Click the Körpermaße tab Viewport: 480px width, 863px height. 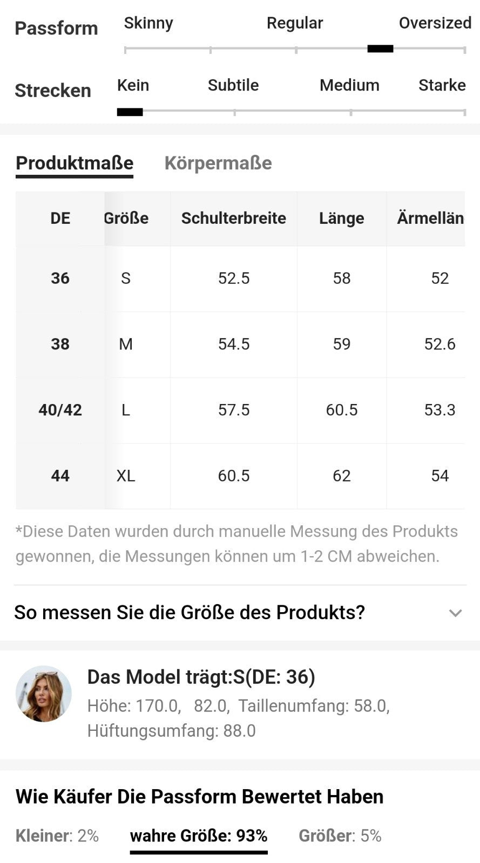[x=218, y=163]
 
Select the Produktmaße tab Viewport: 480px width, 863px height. [x=75, y=163]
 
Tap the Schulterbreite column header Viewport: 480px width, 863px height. [x=233, y=218]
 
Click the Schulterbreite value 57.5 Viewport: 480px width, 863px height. [x=233, y=410]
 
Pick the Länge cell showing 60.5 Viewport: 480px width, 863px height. [x=341, y=410]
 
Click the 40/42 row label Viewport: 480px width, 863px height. [x=60, y=410]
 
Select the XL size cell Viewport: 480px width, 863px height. [x=126, y=476]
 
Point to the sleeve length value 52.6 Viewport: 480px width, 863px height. [x=440, y=344]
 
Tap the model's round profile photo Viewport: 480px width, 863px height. [x=44, y=694]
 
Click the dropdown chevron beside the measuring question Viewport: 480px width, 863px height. [x=455, y=613]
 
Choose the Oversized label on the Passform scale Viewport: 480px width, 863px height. [x=435, y=23]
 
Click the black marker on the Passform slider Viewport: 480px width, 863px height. [x=380, y=49]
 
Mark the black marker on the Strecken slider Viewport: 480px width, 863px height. [x=130, y=112]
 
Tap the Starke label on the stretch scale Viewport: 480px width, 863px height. [x=442, y=85]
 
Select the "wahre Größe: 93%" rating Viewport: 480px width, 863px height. [x=199, y=836]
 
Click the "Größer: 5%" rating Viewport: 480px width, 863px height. [x=340, y=836]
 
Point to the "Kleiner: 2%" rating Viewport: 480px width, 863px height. [x=57, y=836]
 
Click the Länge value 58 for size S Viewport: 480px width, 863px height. [x=341, y=278]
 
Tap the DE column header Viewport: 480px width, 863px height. [x=60, y=218]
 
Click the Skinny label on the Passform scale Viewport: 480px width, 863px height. [x=148, y=23]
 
